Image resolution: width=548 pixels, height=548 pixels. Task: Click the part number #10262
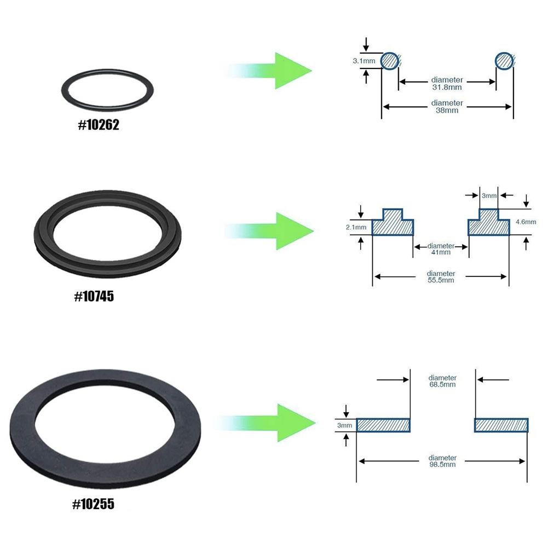click(99, 125)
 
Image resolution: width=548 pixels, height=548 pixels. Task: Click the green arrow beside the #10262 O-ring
click(274, 71)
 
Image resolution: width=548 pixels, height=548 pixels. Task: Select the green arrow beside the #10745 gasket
click(274, 230)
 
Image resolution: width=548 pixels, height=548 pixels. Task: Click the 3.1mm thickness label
click(364, 62)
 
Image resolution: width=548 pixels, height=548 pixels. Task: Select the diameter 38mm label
click(447, 106)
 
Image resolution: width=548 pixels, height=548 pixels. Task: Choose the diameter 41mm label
click(441, 249)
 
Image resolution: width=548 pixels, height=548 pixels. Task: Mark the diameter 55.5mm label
click(441, 276)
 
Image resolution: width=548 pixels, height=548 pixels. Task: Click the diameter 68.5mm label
click(442, 381)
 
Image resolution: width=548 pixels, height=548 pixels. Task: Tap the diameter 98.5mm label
click(442, 461)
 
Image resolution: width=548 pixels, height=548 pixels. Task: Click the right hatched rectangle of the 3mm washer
click(501, 425)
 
